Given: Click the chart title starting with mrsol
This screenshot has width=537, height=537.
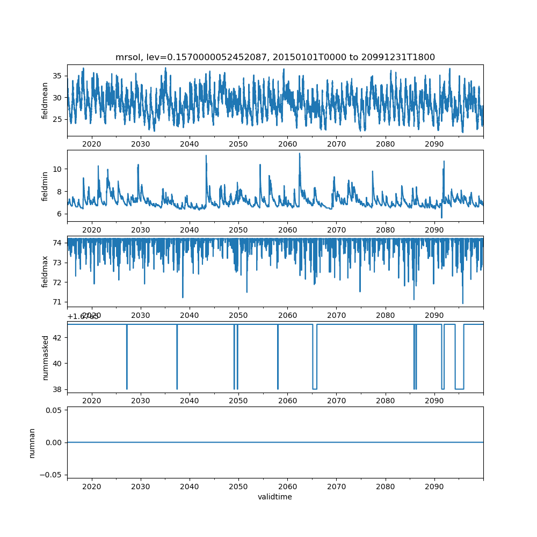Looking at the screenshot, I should point(275,57).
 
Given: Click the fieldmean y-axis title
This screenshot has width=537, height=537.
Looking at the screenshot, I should point(46,100).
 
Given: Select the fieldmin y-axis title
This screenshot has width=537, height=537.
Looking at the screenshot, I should point(46,186).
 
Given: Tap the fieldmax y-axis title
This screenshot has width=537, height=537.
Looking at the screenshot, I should point(46,271).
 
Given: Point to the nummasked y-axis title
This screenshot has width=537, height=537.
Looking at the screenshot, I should point(46,357).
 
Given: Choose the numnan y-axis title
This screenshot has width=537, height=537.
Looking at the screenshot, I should point(32,442).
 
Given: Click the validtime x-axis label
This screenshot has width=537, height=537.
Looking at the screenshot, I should point(275,497).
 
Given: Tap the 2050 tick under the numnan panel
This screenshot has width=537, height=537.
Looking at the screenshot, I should point(238,486).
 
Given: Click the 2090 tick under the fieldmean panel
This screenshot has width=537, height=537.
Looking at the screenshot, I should point(434,144).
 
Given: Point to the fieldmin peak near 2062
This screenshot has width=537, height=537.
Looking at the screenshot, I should point(300,154).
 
